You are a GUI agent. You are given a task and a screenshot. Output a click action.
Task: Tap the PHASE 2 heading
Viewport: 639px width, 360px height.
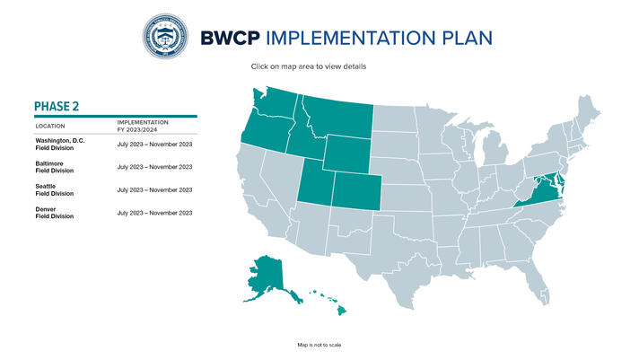(x=57, y=106)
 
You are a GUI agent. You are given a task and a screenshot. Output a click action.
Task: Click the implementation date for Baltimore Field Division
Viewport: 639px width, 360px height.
(x=154, y=167)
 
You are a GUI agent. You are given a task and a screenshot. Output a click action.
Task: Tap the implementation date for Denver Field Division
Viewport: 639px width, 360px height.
(x=154, y=213)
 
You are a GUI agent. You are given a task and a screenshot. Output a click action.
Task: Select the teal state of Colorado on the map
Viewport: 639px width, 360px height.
(x=356, y=191)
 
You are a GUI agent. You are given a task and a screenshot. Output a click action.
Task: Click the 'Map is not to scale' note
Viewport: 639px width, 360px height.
(x=319, y=345)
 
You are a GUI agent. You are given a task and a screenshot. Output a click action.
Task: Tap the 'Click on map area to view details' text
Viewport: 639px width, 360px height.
(x=308, y=66)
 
